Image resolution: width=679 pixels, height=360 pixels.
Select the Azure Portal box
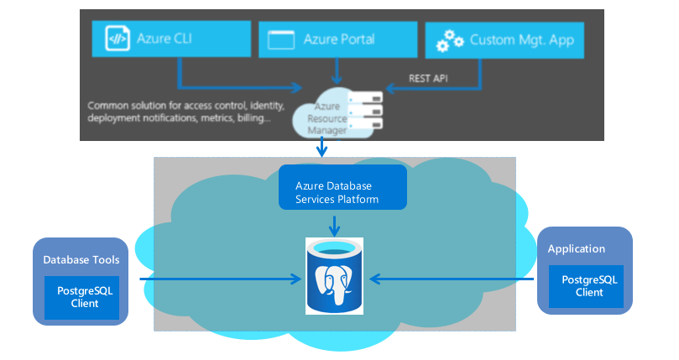(x=336, y=39)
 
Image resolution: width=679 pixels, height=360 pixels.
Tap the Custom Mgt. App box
(x=504, y=39)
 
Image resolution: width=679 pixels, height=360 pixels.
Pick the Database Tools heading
(x=81, y=260)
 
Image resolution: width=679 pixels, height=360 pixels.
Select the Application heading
(x=576, y=248)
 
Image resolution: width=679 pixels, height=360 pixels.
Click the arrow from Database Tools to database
(x=218, y=278)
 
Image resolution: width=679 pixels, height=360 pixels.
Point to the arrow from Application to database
(x=453, y=278)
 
